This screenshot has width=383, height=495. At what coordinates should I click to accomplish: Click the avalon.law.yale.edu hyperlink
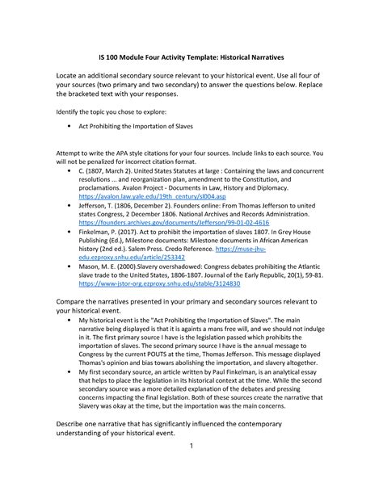coord(137,196)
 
